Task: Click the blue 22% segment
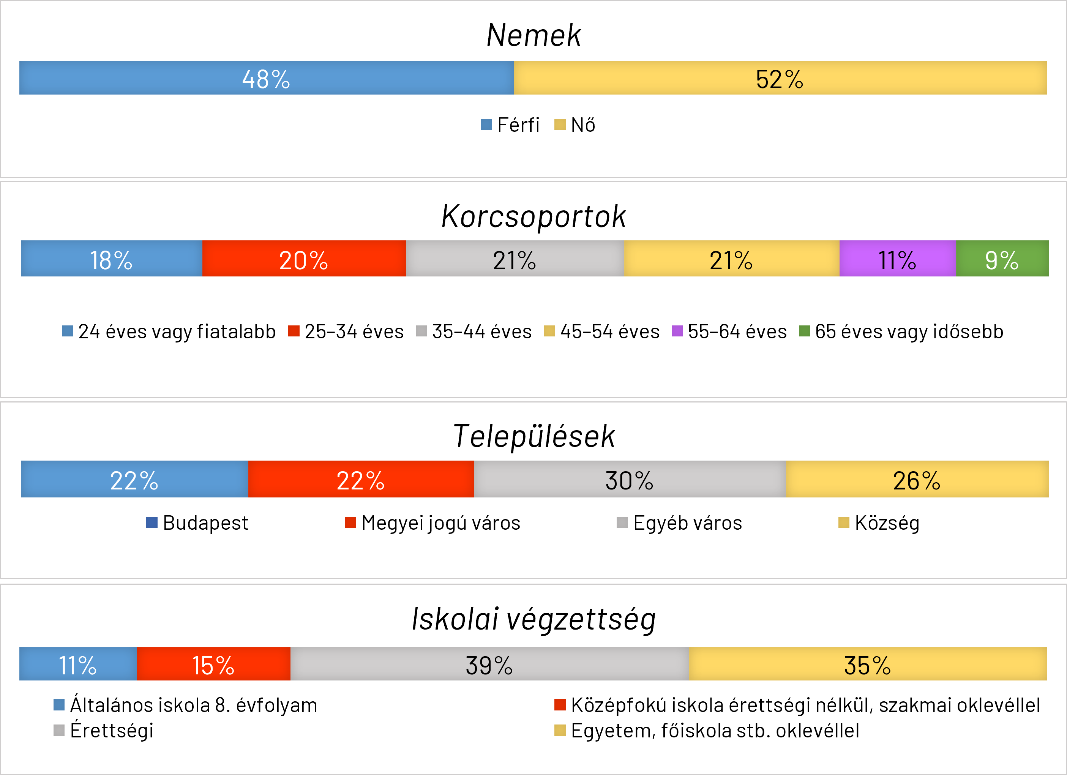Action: (134, 479)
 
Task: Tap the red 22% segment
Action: (361, 479)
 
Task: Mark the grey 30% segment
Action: (630, 479)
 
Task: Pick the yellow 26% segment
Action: (917, 479)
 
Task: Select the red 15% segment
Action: (213, 664)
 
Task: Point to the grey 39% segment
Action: (489, 664)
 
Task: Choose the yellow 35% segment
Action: (868, 664)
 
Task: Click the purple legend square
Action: (677, 331)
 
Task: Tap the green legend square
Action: (805, 331)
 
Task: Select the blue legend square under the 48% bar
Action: (486, 124)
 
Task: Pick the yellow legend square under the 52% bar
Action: (560, 124)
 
